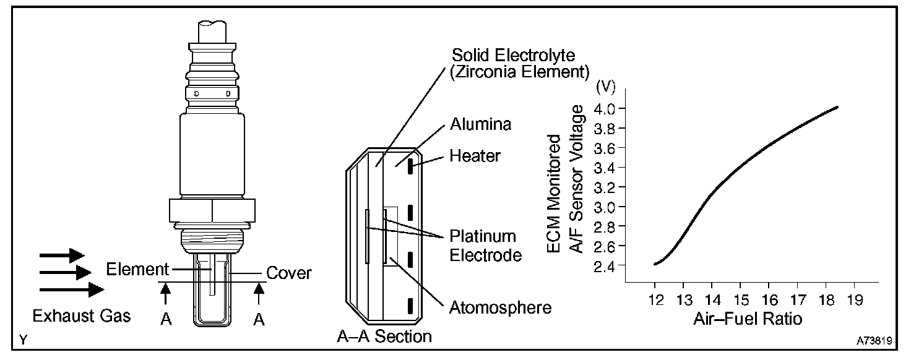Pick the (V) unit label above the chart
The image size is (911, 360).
pyautogui.click(x=605, y=87)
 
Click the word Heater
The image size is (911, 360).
pyautogui.click(x=475, y=156)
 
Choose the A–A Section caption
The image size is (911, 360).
pyautogui.click(x=384, y=336)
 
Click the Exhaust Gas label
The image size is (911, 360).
pyautogui.click(x=82, y=316)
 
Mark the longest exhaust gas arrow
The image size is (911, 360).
pyautogui.click(x=72, y=289)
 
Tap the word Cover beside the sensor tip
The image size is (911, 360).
pyautogui.click(x=288, y=273)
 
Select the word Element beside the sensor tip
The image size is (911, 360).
pyautogui.click(x=137, y=269)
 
